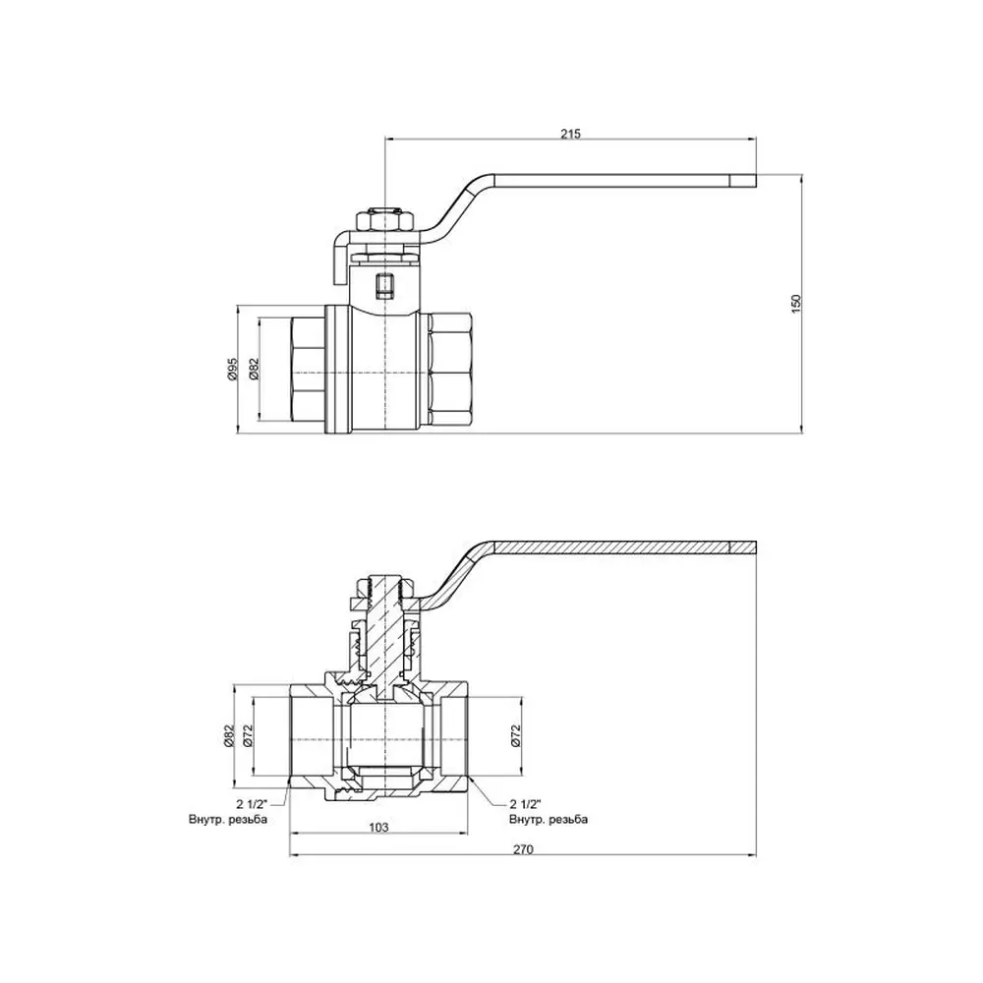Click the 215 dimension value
571,134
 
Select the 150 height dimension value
797,304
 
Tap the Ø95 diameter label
232,370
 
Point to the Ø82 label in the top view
254,370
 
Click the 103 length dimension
378,827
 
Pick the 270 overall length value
524,849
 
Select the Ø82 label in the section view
229,735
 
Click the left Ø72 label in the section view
248,735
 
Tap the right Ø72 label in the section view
515,735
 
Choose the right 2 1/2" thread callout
525,804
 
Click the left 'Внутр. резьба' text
228,820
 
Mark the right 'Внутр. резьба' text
549,820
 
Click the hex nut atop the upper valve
385,221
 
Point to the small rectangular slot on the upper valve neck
383,285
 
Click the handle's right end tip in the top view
755,181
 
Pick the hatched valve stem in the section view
382,633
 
